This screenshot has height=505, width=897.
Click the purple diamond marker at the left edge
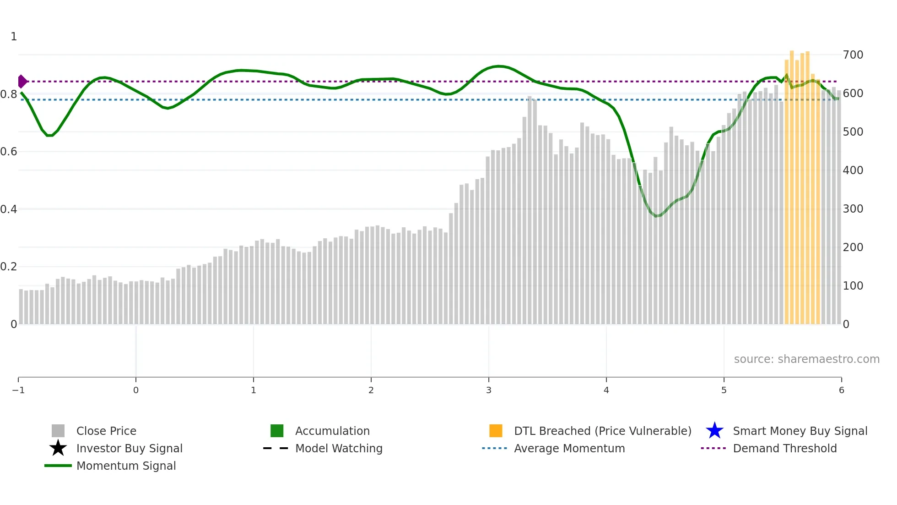point(22,82)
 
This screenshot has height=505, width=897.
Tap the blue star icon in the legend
point(714,431)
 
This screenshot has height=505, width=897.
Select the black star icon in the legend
point(58,448)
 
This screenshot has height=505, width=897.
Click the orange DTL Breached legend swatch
point(496,431)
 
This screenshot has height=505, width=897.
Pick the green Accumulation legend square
point(277,431)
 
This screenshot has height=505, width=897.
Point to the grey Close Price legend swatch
point(58,431)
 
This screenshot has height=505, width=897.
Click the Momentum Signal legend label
point(126,466)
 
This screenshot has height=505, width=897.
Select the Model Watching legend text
point(339,448)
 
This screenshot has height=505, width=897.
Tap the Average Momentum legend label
point(569,448)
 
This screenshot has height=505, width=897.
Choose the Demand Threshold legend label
point(784,448)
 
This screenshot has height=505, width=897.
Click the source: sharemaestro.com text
point(806,359)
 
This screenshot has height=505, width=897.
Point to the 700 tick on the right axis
point(853,55)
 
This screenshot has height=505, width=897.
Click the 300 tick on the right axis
point(853,209)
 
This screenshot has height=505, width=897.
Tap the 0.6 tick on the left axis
point(9,152)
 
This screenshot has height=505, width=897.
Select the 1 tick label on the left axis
point(14,37)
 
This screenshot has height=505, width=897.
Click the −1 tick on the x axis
point(18,390)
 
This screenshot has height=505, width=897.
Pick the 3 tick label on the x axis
point(489,390)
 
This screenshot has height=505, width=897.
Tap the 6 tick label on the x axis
point(841,390)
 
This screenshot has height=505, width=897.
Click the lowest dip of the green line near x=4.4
point(657,216)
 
